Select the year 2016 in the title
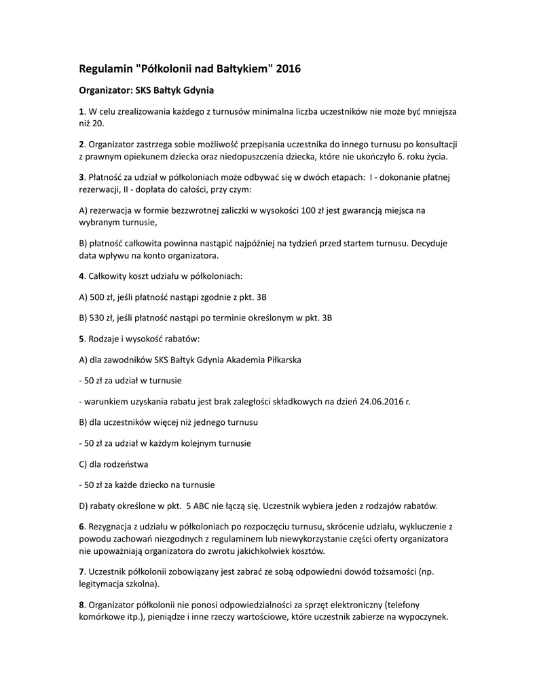[287, 69]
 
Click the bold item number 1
[81, 111]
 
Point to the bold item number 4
[81, 276]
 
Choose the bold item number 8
[81, 605]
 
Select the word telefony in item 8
[432, 605]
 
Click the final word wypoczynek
[424, 618]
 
